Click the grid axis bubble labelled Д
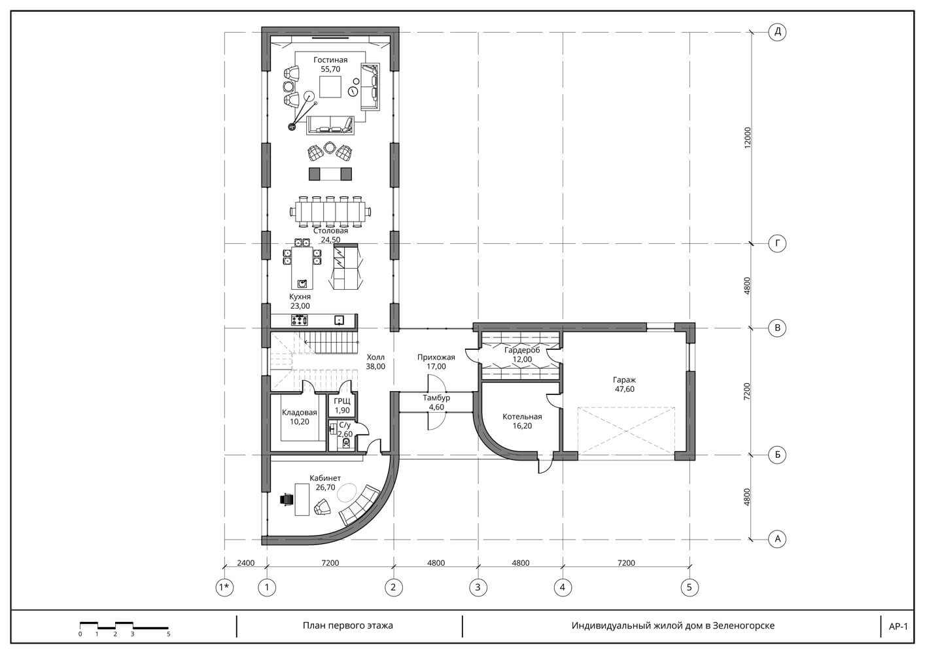point(777,32)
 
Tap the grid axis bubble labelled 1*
point(224,587)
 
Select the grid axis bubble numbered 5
point(689,587)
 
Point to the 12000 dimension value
point(747,138)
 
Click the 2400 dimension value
point(246,562)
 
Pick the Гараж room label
point(624,379)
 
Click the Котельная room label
point(522,417)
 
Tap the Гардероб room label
point(522,350)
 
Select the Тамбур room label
point(436,398)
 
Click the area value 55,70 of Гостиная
point(330,69)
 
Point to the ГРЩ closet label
point(342,401)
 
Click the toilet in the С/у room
point(346,443)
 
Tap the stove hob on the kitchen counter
point(300,320)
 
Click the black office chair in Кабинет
point(287,500)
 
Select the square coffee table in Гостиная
point(330,87)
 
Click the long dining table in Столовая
point(330,212)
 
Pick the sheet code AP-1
point(898,627)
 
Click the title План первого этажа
point(348,625)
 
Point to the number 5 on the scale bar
point(169,634)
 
